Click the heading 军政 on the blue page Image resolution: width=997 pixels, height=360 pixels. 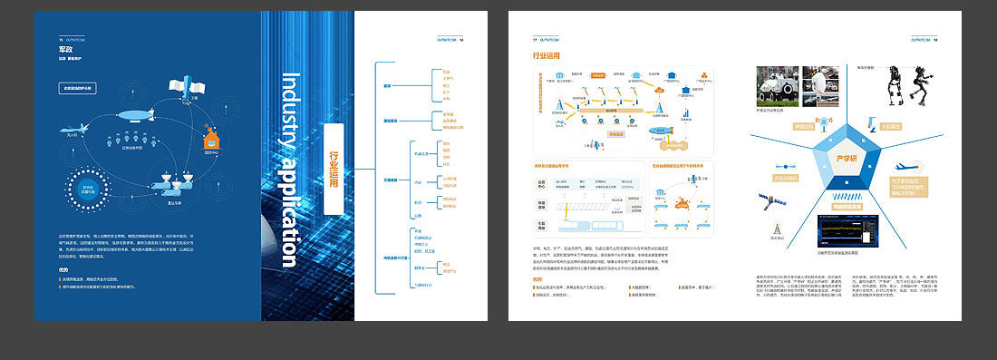click(66, 52)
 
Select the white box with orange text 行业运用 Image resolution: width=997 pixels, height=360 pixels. click(334, 170)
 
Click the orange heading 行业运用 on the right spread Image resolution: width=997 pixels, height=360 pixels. click(546, 57)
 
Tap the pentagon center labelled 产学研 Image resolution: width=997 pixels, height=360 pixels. click(844, 161)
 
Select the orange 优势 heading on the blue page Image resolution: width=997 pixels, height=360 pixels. click(63, 268)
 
